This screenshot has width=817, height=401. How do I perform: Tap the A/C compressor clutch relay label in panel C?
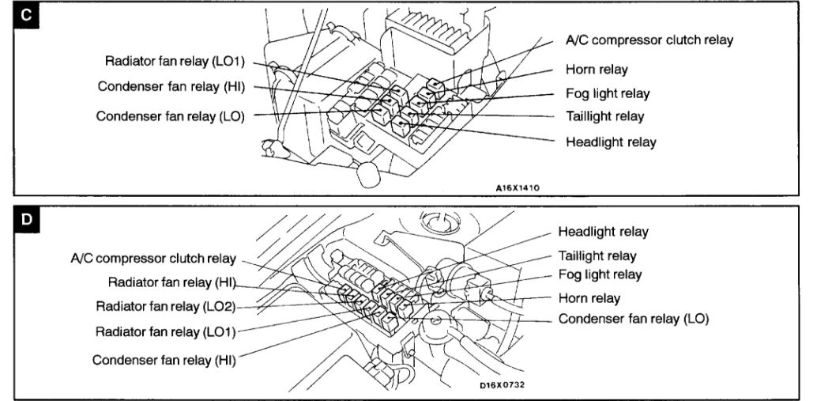[649, 40]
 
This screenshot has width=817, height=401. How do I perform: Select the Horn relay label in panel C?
[597, 70]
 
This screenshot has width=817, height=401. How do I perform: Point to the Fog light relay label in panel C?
[608, 93]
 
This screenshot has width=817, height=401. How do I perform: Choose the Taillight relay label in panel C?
[604, 117]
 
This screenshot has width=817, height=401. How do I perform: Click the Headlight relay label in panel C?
[611, 142]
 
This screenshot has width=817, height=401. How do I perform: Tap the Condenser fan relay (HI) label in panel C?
[173, 85]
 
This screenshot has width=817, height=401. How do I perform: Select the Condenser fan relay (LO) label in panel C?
[171, 115]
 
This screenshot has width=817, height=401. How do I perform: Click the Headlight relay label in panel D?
[603, 232]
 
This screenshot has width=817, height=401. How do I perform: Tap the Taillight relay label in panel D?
[597, 256]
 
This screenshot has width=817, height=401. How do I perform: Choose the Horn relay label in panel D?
[589, 298]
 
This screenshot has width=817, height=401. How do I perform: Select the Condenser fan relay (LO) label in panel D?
[634, 319]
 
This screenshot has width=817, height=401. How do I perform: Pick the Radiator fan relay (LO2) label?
[165, 305]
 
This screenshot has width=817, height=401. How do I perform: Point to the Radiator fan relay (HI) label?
[171, 282]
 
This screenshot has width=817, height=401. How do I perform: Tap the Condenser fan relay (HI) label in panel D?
[165, 359]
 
